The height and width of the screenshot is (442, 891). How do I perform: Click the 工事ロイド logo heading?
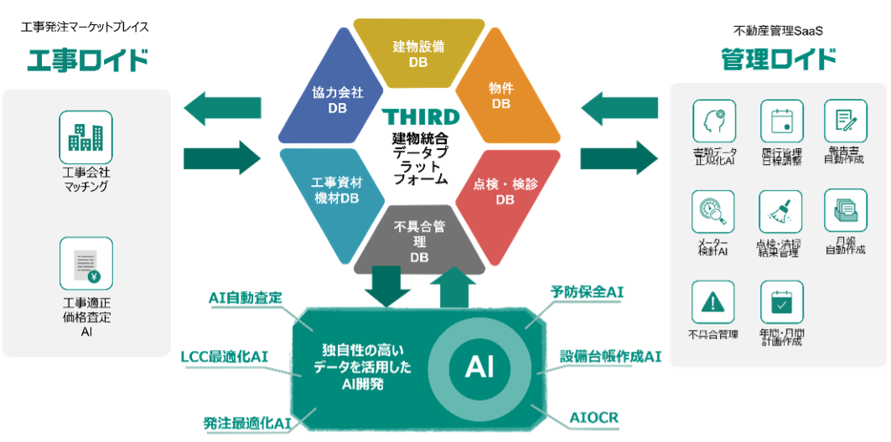pyautogui.click(x=88, y=61)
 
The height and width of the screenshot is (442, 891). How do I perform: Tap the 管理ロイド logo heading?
pyautogui.click(x=779, y=59)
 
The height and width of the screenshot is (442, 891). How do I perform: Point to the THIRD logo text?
pyautogui.click(x=420, y=116)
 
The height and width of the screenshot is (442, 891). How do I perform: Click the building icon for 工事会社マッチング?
pyautogui.click(x=85, y=138)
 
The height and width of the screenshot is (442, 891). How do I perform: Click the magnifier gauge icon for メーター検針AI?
pyautogui.click(x=712, y=212)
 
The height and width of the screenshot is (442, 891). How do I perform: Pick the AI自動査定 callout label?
pyautogui.click(x=246, y=297)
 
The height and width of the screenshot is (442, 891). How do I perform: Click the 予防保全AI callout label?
pyautogui.click(x=587, y=292)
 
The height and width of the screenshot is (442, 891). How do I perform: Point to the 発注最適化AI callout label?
pyautogui.click(x=246, y=423)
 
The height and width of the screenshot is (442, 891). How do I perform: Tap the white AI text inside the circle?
pyautogui.click(x=479, y=367)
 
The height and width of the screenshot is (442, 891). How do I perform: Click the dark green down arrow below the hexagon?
pyautogui.click(x=387, y=286)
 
